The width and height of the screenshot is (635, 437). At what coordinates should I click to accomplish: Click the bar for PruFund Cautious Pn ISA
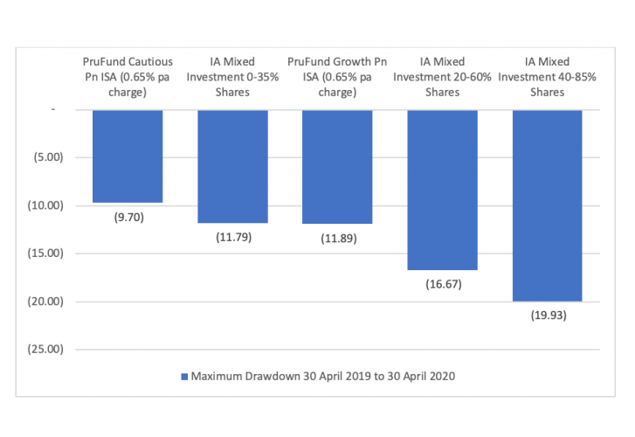(128, 156)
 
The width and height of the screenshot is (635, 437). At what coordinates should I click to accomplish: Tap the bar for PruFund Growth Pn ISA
(337, 166)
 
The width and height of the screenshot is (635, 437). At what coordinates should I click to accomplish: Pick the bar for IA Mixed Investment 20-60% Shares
(442, 190)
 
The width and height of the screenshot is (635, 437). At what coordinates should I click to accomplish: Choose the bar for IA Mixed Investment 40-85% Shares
(547, 205)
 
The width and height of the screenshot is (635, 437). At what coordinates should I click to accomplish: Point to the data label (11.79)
(232, 237)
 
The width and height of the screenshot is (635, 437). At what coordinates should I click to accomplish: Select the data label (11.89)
(337, 238)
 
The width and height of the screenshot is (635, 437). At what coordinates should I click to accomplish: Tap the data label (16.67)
(442, 284)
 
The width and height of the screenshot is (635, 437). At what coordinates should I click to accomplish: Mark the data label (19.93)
(547, 316)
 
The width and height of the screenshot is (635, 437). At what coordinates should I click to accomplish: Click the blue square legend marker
(184, 377)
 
